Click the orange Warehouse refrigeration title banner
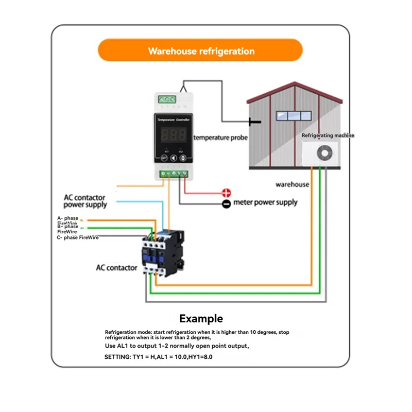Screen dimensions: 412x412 [x=201, y=51]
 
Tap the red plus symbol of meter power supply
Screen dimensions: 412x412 [x=226, y=193]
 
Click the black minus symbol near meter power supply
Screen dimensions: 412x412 [x=226, y=204]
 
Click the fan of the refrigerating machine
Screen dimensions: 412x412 [x=325, y=153]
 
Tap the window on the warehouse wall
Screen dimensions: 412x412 [x=288, y=115]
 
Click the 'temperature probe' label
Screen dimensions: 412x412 [x=220, y=138]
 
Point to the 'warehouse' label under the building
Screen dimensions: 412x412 [x=292, y=184]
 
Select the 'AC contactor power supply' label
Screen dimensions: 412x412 [x=85, y=201]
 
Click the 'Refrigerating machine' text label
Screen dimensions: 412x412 [x=328, y=135]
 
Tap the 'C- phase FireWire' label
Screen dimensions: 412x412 [x=78, y=237]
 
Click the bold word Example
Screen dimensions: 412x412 [x=201, y=319]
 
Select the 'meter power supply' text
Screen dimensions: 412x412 [x=265, y=202]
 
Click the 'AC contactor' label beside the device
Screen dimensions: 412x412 [x=116, y=268]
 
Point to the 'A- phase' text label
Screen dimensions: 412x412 [x=67, y=218]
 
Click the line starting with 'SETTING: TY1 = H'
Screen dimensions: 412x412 [x=158, y=356]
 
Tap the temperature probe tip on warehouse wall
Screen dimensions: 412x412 [x=252, y=122]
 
